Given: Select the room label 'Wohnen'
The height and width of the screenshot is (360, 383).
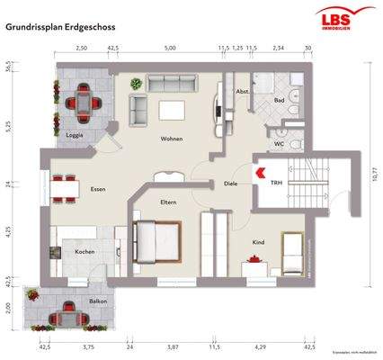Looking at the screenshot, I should (x=172, y=139).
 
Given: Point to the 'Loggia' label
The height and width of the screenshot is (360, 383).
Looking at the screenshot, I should (x=76, y=136).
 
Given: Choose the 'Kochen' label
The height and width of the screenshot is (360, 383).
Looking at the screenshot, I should (x=85, y=252).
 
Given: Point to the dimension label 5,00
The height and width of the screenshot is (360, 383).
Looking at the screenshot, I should (x=170, y=49).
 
